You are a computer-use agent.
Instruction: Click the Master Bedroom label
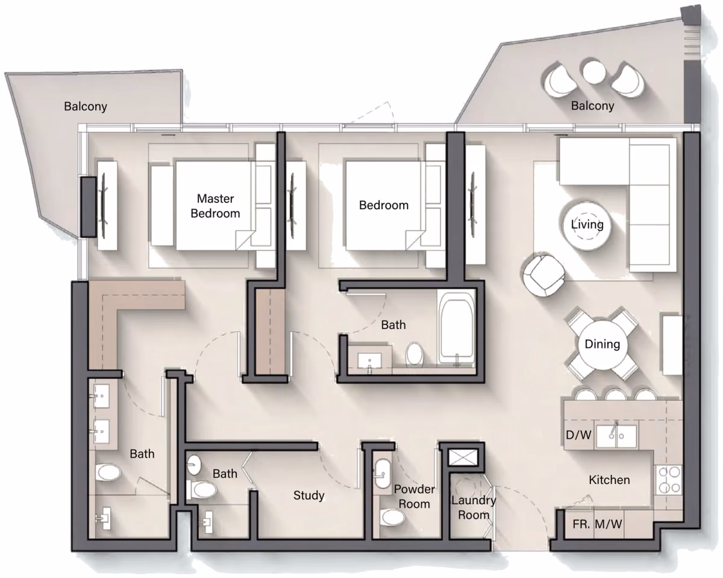(215, 206)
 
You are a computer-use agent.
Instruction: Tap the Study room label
(308, 495)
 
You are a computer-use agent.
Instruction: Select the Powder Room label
(415, 497)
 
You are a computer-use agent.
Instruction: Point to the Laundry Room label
(474, 507)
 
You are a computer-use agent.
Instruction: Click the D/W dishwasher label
(578, 435)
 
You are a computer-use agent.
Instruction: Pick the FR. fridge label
(581, 524)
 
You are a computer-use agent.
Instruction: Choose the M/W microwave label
(608, 524)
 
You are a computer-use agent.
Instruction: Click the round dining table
(602, 344)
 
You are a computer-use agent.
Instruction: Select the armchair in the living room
(543, 275)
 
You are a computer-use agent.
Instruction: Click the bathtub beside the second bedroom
(457, 328)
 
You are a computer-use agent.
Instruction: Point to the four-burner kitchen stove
(669, 480)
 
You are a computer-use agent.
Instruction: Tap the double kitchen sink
(616, 436)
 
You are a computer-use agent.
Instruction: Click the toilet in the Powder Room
(393, 517)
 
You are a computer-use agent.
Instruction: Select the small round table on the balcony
(593, 72)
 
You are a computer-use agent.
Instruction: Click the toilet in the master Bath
(108, 472)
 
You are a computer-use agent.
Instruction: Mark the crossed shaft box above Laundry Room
(463, 457)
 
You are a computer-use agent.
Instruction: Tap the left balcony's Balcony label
(86, 107)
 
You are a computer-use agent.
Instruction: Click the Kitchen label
(610, 480)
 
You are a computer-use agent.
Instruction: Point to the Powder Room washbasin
(383, 474)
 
